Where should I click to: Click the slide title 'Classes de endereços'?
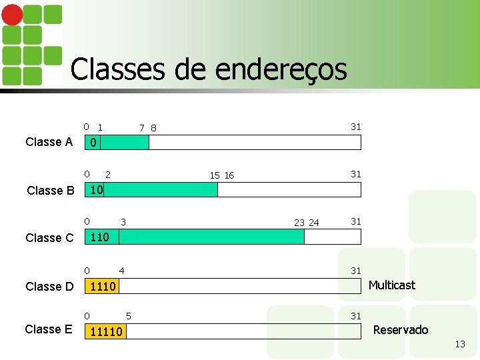click(x=208, y=69)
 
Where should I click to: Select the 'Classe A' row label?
click(x=49, y=142)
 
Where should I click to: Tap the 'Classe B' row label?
click(x=51, y=191)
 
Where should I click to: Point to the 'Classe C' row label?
click(x=49, y=238)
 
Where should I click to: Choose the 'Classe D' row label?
click(x=49, y=287)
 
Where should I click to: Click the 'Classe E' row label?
click(x=49, y=329)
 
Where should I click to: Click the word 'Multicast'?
click(x=391, y=285)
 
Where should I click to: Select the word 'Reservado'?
click(x=400, y=330)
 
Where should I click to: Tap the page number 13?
click(x=460, y=344)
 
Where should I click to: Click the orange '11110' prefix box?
click(x=106, y=331)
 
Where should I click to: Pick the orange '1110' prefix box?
click(x=103, y=287)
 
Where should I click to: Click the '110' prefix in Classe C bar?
click(x=99, y=237)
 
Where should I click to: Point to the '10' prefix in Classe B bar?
click(x=96, y=189)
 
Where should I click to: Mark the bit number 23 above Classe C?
click(x=299, y=223)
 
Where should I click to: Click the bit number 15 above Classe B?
click(x=215, y=175)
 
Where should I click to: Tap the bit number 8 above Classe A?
click(x=154, y=128)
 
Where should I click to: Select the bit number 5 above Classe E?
click(x=129, y=315)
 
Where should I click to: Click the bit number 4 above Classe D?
click(x=121, y=270)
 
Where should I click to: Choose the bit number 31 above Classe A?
click(x=356, y=127)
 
